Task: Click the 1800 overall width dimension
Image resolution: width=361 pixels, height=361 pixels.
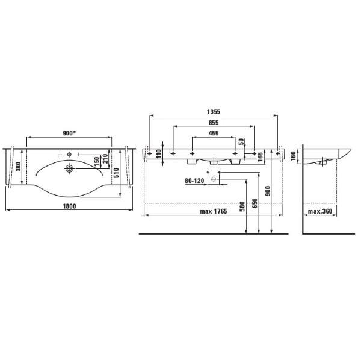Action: pyautogui.click(x=70, y=206)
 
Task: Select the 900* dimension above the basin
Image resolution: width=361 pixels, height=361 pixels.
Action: pyautogui.click(x=70, y=133)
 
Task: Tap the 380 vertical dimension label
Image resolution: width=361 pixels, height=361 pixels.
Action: pyautogui.click(x=18, y=167)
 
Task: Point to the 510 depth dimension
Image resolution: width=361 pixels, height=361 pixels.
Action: pyautogui.click(x=116, y=173)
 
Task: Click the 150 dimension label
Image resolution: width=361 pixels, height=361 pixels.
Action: pyautogui.click(x=97, y=162)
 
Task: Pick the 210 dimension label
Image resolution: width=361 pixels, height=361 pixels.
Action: pyautogui.click(x=105, y=159)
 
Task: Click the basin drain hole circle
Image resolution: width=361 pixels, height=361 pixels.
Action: pyautogui.click(x=69, y=168)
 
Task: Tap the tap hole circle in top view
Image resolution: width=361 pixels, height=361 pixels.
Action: pyautogui.click(x=69, y=155)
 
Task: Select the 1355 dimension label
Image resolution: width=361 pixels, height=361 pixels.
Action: pyautogui.click(x=214, y=112)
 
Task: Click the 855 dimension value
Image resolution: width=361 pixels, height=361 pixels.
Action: pyautogui.click(x=214, y=123)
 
